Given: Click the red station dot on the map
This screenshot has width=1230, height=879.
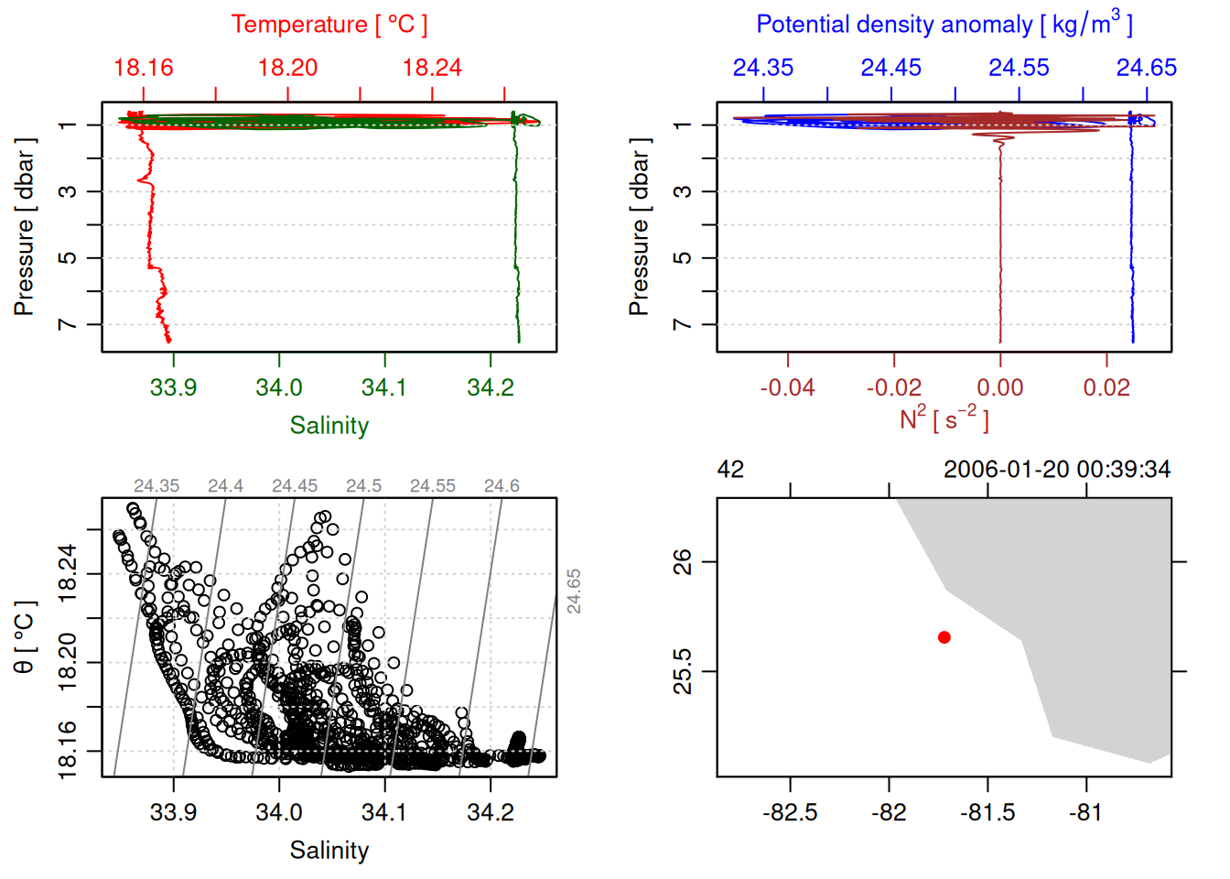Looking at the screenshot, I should (x=944, y=637).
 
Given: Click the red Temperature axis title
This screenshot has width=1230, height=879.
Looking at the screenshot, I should (x=329, y=25).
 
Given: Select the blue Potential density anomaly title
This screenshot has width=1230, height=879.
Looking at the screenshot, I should (x=944, y=24).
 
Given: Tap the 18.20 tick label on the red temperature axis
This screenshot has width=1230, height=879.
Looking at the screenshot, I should (x=287, y=68).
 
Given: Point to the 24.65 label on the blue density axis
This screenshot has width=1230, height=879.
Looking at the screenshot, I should (x=1146, y=68).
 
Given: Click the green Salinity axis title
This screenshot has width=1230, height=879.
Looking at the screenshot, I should (x=329, y=426).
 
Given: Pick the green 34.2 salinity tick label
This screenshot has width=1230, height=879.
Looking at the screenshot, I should (x=491, y=388).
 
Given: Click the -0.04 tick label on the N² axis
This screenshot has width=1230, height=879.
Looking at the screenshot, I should (x=787, y=388).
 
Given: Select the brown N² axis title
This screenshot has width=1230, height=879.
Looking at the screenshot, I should (x=944, y=419).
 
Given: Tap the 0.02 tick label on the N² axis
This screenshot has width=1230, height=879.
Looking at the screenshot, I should (x=1106, y=388).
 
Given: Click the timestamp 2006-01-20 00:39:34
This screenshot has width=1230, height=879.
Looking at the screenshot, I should (x=1056, y=470).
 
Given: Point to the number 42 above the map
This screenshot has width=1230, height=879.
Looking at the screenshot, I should (x=730, y=470).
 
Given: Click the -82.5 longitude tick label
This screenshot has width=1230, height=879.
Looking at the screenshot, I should (x=790, y=813).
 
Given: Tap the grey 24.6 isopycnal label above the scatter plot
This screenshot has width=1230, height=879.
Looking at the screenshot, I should (x=502, y=486).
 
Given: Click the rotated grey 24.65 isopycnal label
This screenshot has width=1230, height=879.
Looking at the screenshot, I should (x=574, y=591).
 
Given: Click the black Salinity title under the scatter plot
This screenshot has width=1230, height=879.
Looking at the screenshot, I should (x=329, y=851).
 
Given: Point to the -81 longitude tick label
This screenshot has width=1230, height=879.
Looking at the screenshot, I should (x=1085, y=813).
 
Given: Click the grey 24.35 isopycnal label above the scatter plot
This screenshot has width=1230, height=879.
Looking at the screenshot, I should (x=156, y=486).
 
